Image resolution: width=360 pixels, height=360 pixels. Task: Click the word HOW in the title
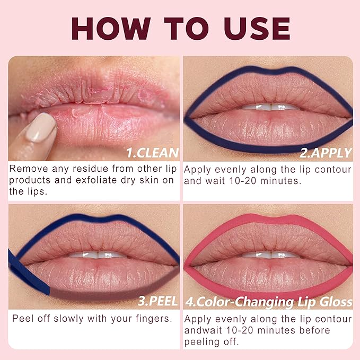pyautogui.click(x=111, y=29)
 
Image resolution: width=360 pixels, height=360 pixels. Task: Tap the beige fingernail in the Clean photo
pyautogui.click(x=41, y=127)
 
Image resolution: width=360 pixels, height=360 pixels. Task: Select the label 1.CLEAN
pyautogui.click(x=153, y=153)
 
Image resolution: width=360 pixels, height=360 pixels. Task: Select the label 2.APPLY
pyautogui.click(x=326, y=153)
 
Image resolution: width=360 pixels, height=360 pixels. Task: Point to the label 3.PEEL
pyautogui.click(x=157, y=301)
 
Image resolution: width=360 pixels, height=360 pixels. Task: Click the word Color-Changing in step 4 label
pyautogui.click(x=245, y=302)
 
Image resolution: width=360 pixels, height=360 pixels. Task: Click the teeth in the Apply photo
pyautogui.click(x=271, y=107)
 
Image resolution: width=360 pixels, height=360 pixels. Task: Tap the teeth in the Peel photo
pyautogui.click(x=98, y=255)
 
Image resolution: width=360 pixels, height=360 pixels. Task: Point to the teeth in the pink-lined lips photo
pyautogui.click(x=271, y=255)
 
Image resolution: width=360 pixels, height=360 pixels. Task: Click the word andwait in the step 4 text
pyautogui.click(x=203, y=330)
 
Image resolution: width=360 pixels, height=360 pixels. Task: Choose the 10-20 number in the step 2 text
pyautogui.click(x=243, y=181)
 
